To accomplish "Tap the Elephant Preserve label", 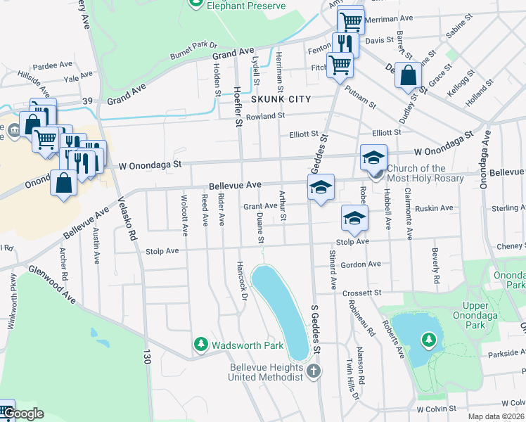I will click(246, 6).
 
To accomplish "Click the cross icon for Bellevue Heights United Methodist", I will click(314, 370).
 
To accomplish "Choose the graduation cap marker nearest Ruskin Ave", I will click(354, 218).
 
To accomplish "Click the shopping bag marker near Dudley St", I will click(408, 75).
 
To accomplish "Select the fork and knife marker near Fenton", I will click(344, 44).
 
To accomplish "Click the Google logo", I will click(24, 414).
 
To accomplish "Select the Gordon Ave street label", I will click(360, 264).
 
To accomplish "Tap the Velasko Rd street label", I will click(127, 219).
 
